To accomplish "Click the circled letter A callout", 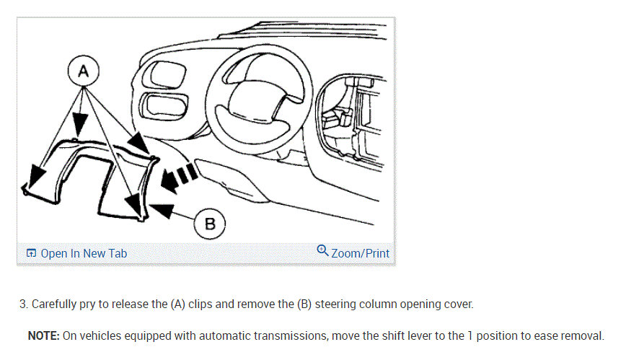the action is pos(83,71).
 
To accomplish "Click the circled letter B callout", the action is pos(210,224).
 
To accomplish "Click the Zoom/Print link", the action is pos(360,253).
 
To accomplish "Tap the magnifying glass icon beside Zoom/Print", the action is pos(322,250).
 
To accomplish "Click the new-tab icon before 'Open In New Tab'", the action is pos(31,253).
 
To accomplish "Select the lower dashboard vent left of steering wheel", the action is pos(164,107).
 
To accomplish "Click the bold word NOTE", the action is pos(43,335).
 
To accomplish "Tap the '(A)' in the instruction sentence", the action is pos(178,304).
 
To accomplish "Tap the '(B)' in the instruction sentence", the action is pos(304,304).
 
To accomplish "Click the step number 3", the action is pos(24,304).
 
